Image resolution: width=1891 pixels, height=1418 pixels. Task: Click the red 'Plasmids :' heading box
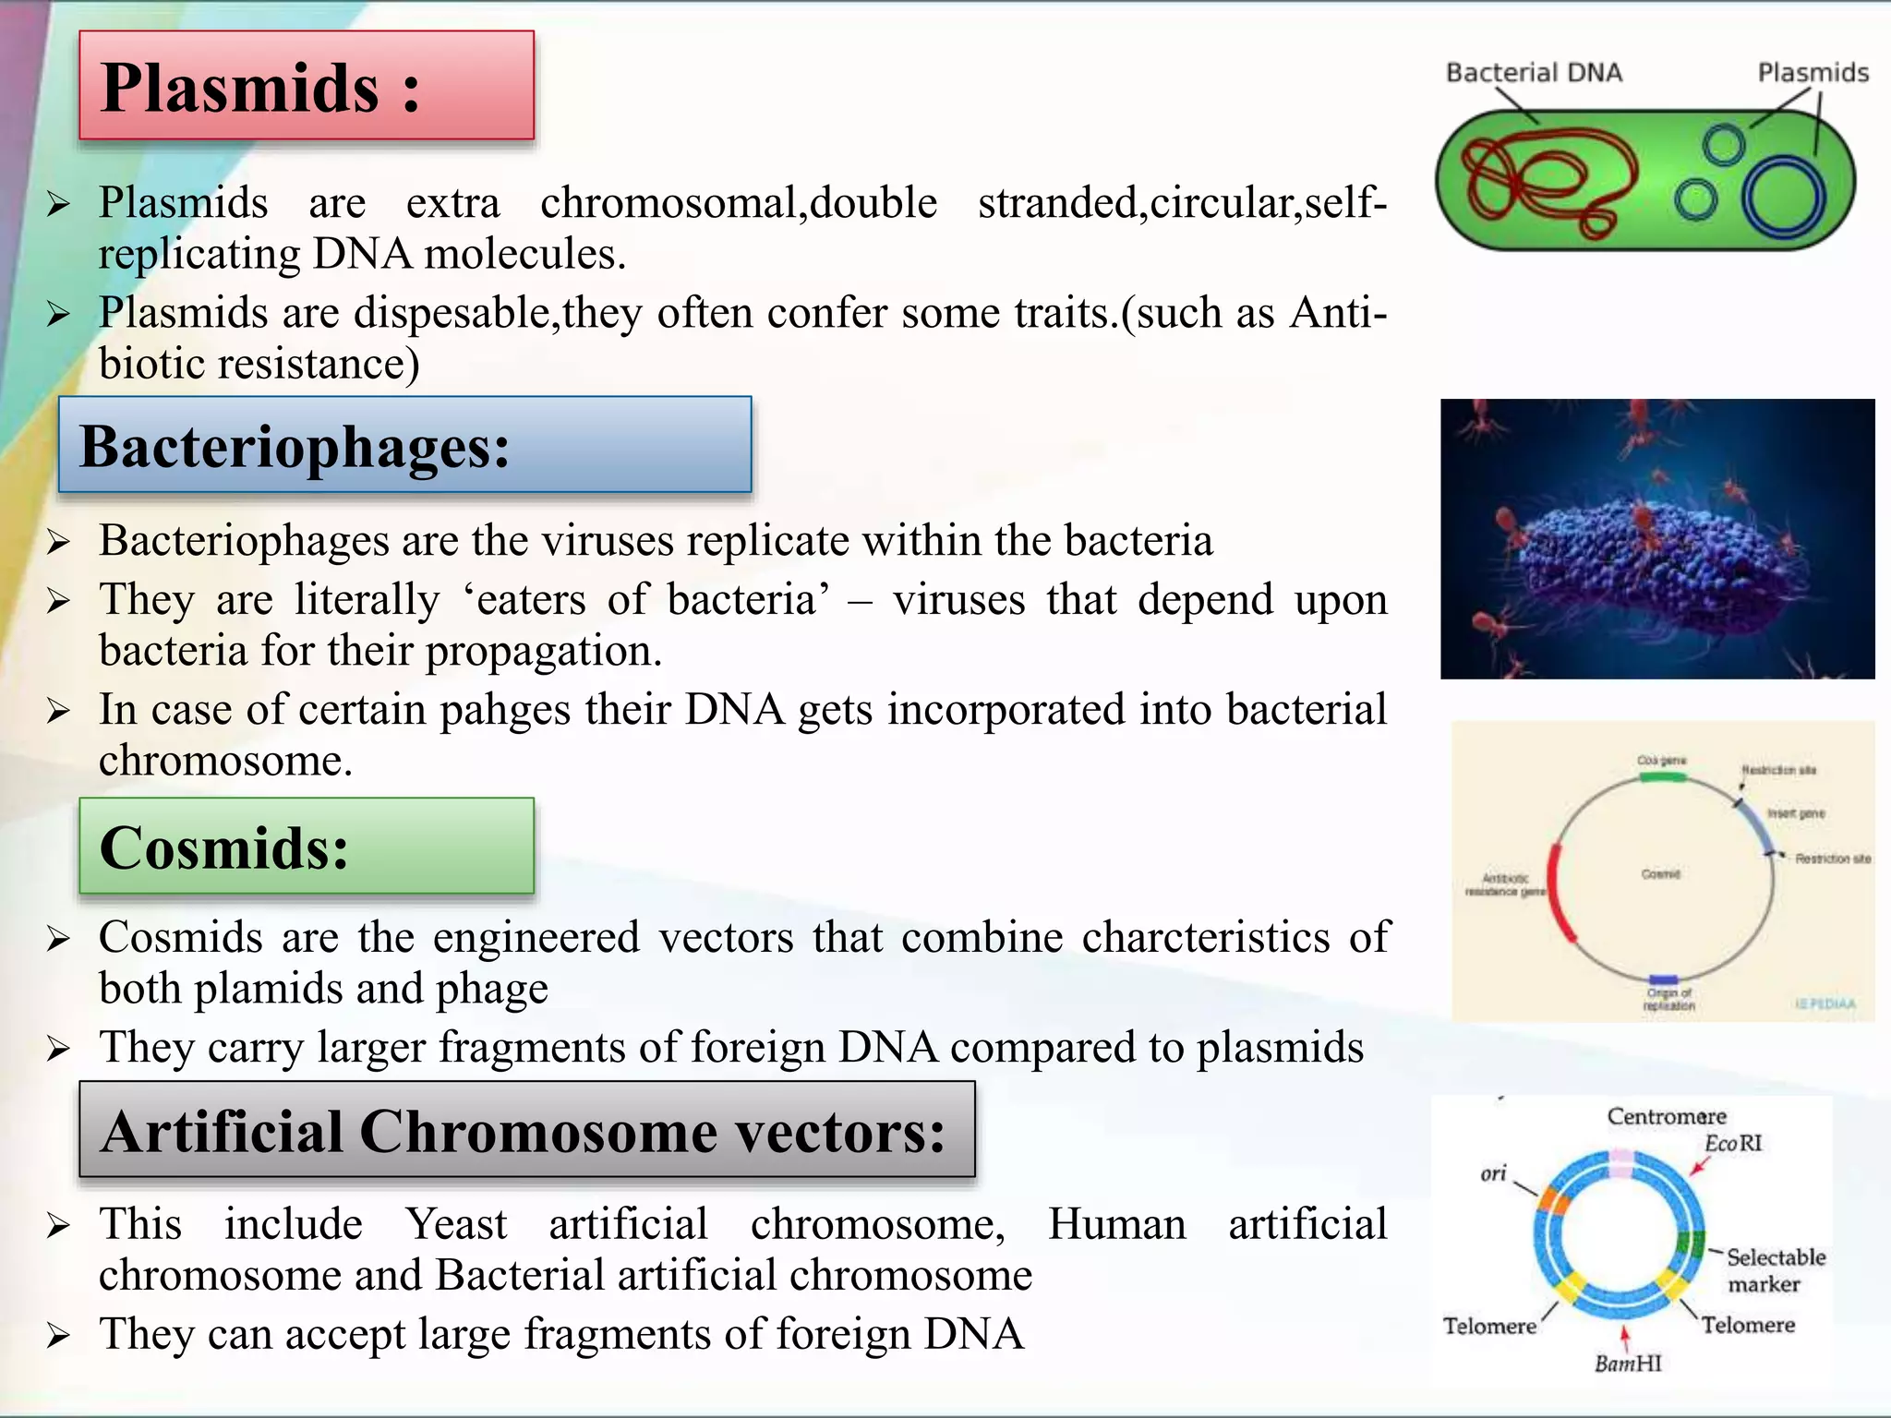coord(306,86)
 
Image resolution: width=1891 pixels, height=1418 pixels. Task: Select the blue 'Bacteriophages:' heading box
coord(404,446)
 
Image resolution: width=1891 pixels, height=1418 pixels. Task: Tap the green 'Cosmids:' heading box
coord(306,847)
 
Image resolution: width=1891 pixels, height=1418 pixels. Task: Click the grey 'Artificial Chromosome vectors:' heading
coord(526,1130)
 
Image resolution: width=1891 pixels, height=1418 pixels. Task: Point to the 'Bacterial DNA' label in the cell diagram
coord(1533,73)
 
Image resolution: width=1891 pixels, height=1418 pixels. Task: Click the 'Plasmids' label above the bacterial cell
coord(1813,73)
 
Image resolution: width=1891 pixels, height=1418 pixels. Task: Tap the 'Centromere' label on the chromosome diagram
coord(1666,1116)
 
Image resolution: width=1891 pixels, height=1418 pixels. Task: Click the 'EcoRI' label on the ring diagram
coord(1733,1144)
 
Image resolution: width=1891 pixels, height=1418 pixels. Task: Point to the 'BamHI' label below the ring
coord(1628,1364)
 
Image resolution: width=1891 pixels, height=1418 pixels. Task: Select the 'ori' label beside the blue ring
coord(1493,1173)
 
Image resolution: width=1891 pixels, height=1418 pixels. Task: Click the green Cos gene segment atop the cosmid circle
coord(1662,778)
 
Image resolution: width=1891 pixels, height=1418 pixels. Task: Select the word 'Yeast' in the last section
coord(456,1224)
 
